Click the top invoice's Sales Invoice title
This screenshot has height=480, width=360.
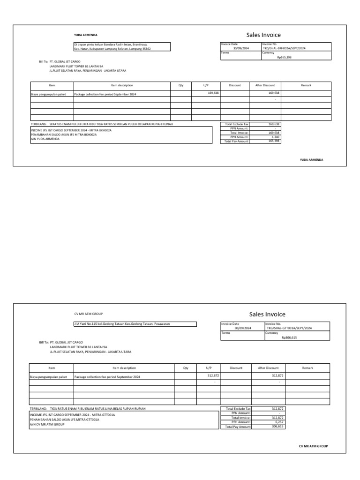pyautogui.click(x=263, y=35)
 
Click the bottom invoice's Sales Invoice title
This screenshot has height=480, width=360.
pyautogui.click(x=267, y=314)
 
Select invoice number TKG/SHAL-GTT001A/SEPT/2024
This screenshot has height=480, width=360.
pyautogui.click(x=289, y=328)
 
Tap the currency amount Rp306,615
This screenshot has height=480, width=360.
pyautogui.click(x=289, y=337)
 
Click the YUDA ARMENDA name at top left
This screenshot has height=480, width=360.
pyautogui.click(x=86, y=35)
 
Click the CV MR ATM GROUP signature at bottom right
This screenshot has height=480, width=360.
pyautogui.click(x=313, y=446)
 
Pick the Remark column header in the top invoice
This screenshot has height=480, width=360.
pyautogui.click(x=306, y=85)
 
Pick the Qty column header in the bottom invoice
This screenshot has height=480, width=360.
pyautogui.click(x=186, y=368)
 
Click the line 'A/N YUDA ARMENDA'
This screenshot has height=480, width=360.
pyautogui.click(x=45, y=139)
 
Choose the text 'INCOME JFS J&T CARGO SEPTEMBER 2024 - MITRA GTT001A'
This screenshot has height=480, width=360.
pyautogui.click(x=72, y=415)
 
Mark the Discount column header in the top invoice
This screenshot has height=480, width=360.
pyautogui.click(x=234, y=85)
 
